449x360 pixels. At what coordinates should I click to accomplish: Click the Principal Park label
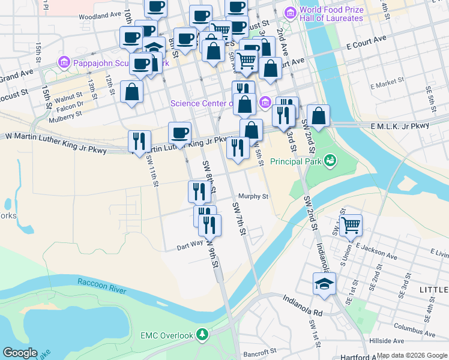(x=295, y=161)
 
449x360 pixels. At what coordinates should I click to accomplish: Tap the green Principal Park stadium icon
(x=329, y=160)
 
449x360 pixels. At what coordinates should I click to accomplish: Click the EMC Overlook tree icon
(x=203, y=334)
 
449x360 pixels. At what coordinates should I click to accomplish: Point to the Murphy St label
(x=252, y=196)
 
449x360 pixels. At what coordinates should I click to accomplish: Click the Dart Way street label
(x=190, y=247)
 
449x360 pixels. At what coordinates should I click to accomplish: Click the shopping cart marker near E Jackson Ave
(x=351, y=226)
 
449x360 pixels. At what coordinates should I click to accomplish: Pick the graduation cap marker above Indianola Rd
(x=324, y=284)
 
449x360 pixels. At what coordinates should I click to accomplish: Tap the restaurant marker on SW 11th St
(x=139, y=142)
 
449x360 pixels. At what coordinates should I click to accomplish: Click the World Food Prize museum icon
(x=291, y=12)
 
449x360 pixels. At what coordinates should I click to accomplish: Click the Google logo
(x=20, y=353)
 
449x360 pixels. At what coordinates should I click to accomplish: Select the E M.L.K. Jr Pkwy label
(x=400, y=126)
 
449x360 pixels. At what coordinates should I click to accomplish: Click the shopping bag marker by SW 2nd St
(x=319, y=116)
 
